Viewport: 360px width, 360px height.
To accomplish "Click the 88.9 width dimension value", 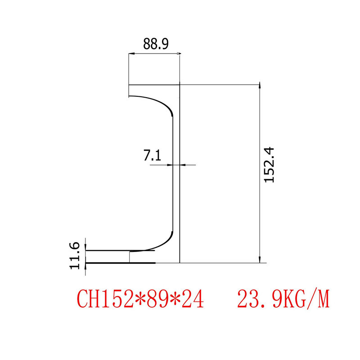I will [156, 44].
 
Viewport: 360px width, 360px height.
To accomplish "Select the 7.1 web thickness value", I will [152, 156].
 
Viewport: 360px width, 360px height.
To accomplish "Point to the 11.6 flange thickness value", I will [75, 256].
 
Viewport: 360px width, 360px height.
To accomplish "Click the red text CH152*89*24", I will [140, 299].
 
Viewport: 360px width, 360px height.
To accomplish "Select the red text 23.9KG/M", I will [283, 299].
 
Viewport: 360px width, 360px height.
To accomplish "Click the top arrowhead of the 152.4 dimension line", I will [260, 86].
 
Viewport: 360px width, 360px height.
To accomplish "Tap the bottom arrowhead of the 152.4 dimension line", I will [260, 260].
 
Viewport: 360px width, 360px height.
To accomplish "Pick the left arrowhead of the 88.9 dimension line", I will [131, 54].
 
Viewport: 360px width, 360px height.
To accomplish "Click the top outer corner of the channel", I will [180, 85].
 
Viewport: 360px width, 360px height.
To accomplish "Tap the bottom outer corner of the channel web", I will [180, 262].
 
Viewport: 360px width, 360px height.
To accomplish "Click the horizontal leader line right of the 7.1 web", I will [189, 165].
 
